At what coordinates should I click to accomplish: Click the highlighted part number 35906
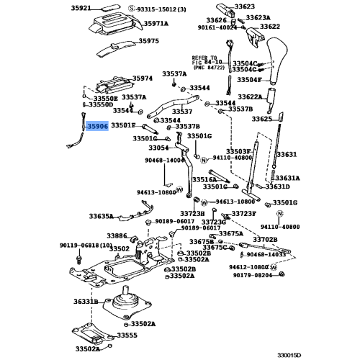(x=97, y=125)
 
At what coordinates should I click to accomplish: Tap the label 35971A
(x=153, y=24)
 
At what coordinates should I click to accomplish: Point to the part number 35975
(x=150, y=42)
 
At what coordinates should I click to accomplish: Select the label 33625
(x=242, y=118)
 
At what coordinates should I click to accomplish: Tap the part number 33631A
(x=288, y=178)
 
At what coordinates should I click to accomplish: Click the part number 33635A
(x=102, y=216)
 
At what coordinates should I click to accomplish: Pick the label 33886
(x=117, y=235)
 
